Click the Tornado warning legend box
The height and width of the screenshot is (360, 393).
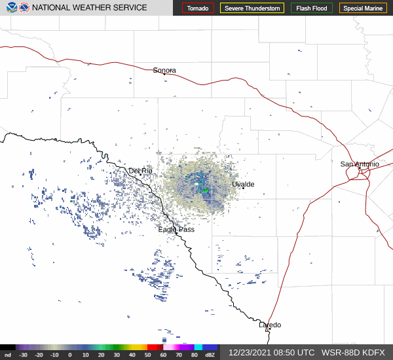point(198,9)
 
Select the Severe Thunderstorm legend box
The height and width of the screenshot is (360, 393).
point(252,9)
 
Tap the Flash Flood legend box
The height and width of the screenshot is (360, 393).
point(312,9)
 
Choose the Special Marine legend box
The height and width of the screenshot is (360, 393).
point(363,9)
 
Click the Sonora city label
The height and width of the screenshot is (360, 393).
point(164,70)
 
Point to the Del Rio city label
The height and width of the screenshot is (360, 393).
point(140,171)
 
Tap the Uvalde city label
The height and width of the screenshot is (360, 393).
point(243,185)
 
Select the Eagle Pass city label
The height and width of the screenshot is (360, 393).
point(176,230)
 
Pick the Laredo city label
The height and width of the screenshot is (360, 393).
point(269,325)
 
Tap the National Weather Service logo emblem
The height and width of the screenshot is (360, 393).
point(24,8)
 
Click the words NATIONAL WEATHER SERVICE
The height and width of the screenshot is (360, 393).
point(90,8)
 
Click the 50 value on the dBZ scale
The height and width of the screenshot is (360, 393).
point(147,355)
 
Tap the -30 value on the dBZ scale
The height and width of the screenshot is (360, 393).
point(24,355)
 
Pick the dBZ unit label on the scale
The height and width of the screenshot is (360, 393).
point(210,355)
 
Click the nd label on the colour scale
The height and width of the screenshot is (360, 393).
point(8,355)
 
